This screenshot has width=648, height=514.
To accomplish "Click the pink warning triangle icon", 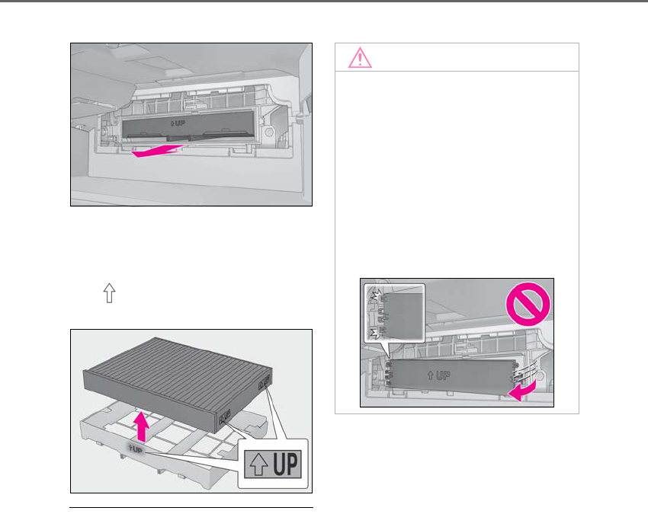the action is pos(360,58).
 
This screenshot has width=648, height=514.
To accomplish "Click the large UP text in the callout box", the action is pos(286,462).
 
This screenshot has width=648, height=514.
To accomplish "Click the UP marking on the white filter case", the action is pos(136,449).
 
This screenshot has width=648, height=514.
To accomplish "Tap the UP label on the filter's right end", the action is pos(265,379).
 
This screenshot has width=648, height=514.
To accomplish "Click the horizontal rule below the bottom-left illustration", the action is pos(191,507).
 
